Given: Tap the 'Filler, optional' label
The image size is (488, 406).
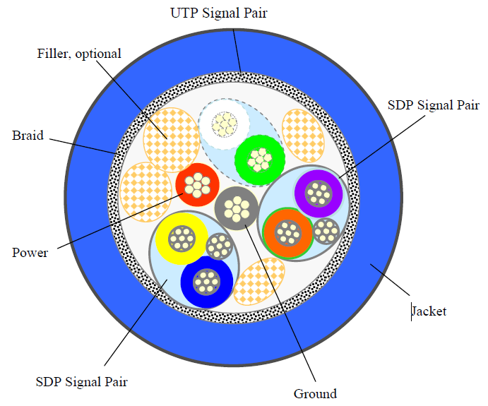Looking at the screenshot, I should point(79,54).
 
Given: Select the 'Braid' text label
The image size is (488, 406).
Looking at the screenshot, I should point(28,136).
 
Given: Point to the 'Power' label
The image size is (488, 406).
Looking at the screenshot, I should point(30,252).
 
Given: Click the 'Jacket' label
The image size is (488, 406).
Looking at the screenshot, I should point(429,311).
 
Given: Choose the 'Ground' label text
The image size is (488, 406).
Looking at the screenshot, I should point(315,393).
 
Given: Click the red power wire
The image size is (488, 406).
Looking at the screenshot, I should point(197,186).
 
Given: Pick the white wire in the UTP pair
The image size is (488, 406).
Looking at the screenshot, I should point(225,125).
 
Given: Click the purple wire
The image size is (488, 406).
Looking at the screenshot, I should point(319,193).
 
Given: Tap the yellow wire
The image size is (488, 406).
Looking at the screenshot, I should point(181,238).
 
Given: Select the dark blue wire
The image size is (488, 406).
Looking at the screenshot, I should point(206,282).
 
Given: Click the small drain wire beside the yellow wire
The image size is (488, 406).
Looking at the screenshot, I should point(220,246).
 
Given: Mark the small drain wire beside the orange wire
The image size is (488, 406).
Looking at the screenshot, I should point(326,230).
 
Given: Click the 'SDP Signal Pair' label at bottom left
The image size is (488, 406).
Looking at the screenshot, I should point(81,382).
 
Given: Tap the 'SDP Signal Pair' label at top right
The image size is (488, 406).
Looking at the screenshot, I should point(434,106).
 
